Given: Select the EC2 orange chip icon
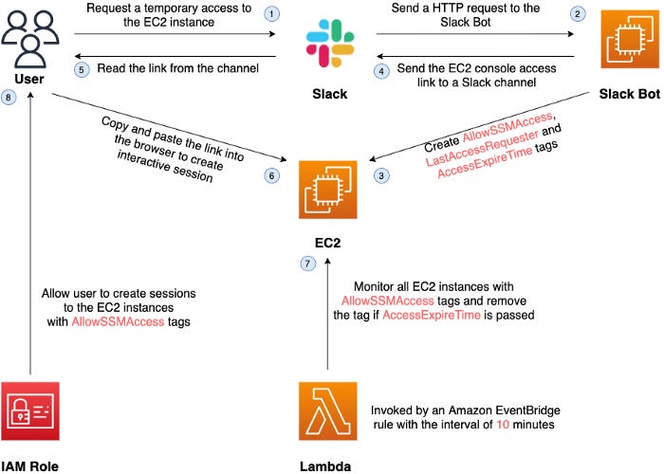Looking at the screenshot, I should pyautogui.click(x=326, y=190).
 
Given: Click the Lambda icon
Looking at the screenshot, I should pyautogui.click(x=327, y=410).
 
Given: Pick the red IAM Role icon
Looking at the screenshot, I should pyautogui.click(x=31, y=410).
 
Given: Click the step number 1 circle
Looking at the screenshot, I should pyautogui.click(x=272, y=13).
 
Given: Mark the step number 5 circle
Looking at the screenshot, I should pyautogui.click(x=82, y=70).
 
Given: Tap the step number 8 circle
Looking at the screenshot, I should pyautogui.click(x=9, y=100).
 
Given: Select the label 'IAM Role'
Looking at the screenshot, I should pyautogui.click(x=31, y=465).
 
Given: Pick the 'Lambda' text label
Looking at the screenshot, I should pyautogui.click(x=327, y=465).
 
